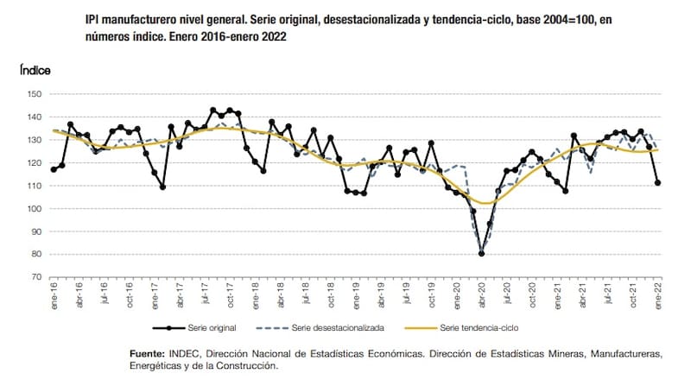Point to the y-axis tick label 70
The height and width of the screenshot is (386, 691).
36,277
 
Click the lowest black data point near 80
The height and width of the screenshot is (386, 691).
481,253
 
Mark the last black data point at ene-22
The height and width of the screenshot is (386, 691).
658,182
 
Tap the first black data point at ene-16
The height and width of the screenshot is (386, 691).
54,169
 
